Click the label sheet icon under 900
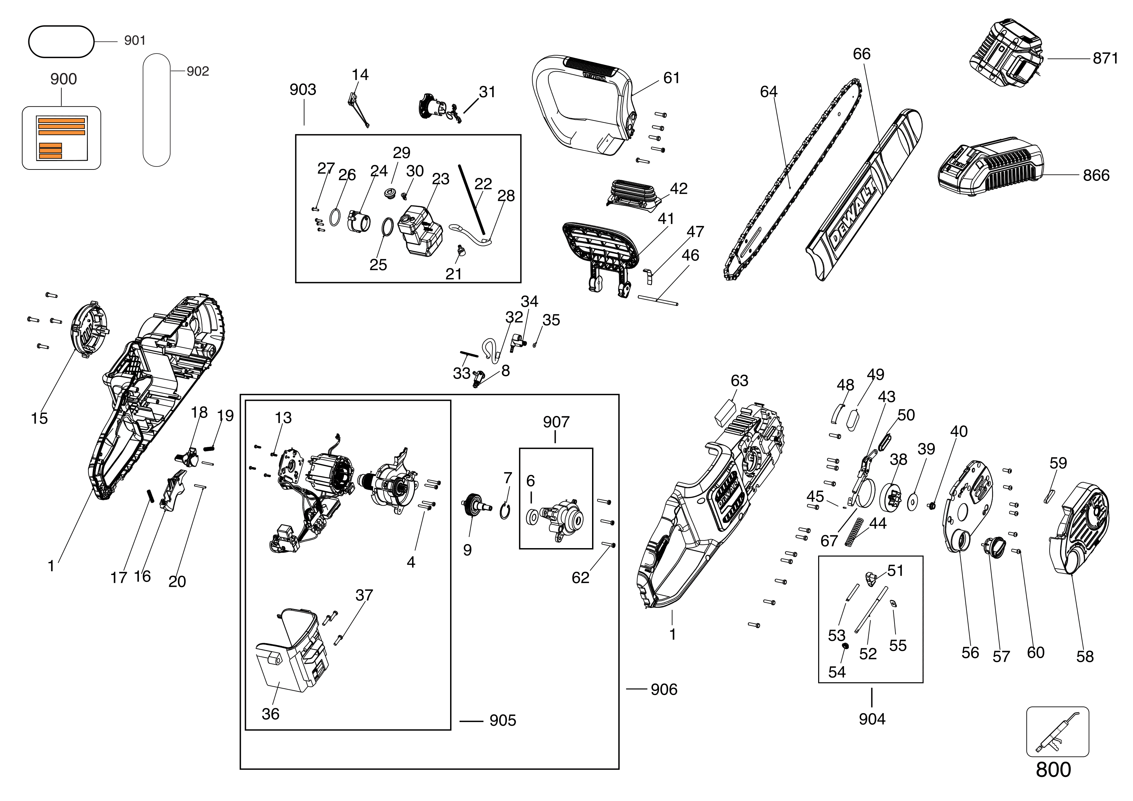pyautogui.click(x=61, y=139)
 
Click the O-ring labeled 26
pyautogui.click(x=335, y=217)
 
